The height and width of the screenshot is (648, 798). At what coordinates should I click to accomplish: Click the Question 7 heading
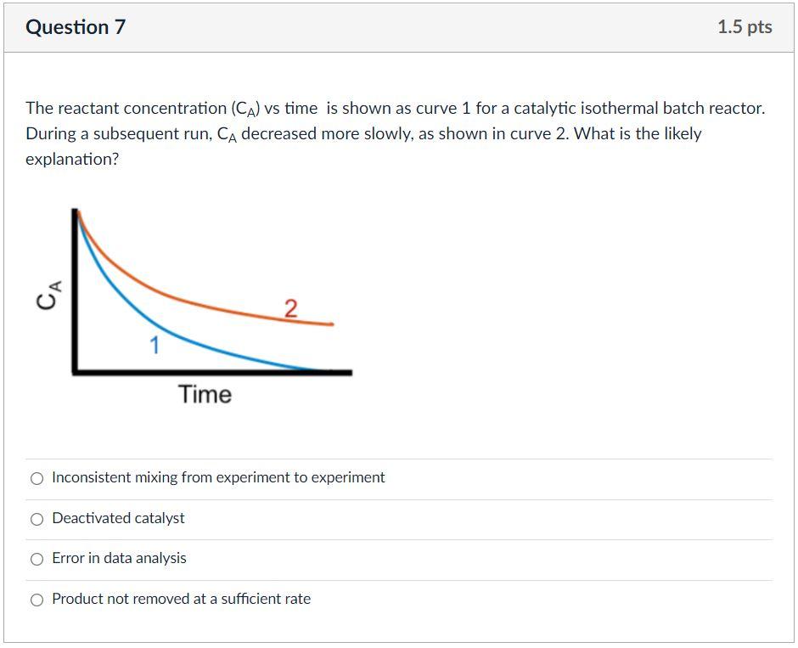pyautogui.click(x=76, y=27)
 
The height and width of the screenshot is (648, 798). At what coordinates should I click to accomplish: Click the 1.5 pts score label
pyautogui.click(x=745, y=27)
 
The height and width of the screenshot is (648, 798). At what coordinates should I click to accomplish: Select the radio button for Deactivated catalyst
pyautogui.click(x=37, y=519)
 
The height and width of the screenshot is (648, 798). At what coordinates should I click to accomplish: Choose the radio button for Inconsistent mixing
pyautogui.click(x=37, y=478)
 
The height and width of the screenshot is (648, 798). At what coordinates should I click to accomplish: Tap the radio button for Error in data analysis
pyautogui.click(x=37, y=559)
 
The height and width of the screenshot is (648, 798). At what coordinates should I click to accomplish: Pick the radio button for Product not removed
pyautogui.click(x=37, y=600)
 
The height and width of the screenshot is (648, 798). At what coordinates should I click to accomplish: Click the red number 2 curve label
pyautogui.click(x=290, y=308)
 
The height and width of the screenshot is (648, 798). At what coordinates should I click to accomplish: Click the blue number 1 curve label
pyautogui.click(x=155, y=346)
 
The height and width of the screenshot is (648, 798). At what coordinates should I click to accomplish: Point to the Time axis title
pyautogui.click(x=205, y=395)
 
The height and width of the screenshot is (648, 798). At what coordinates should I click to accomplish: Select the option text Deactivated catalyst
pyautogui.click(x=118, y=518)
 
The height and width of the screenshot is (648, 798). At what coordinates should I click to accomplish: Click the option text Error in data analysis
pyautogui.click(x=119, y=558)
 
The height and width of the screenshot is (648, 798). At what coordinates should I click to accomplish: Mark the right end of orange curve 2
pyautogui.click(x=332, y=324)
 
